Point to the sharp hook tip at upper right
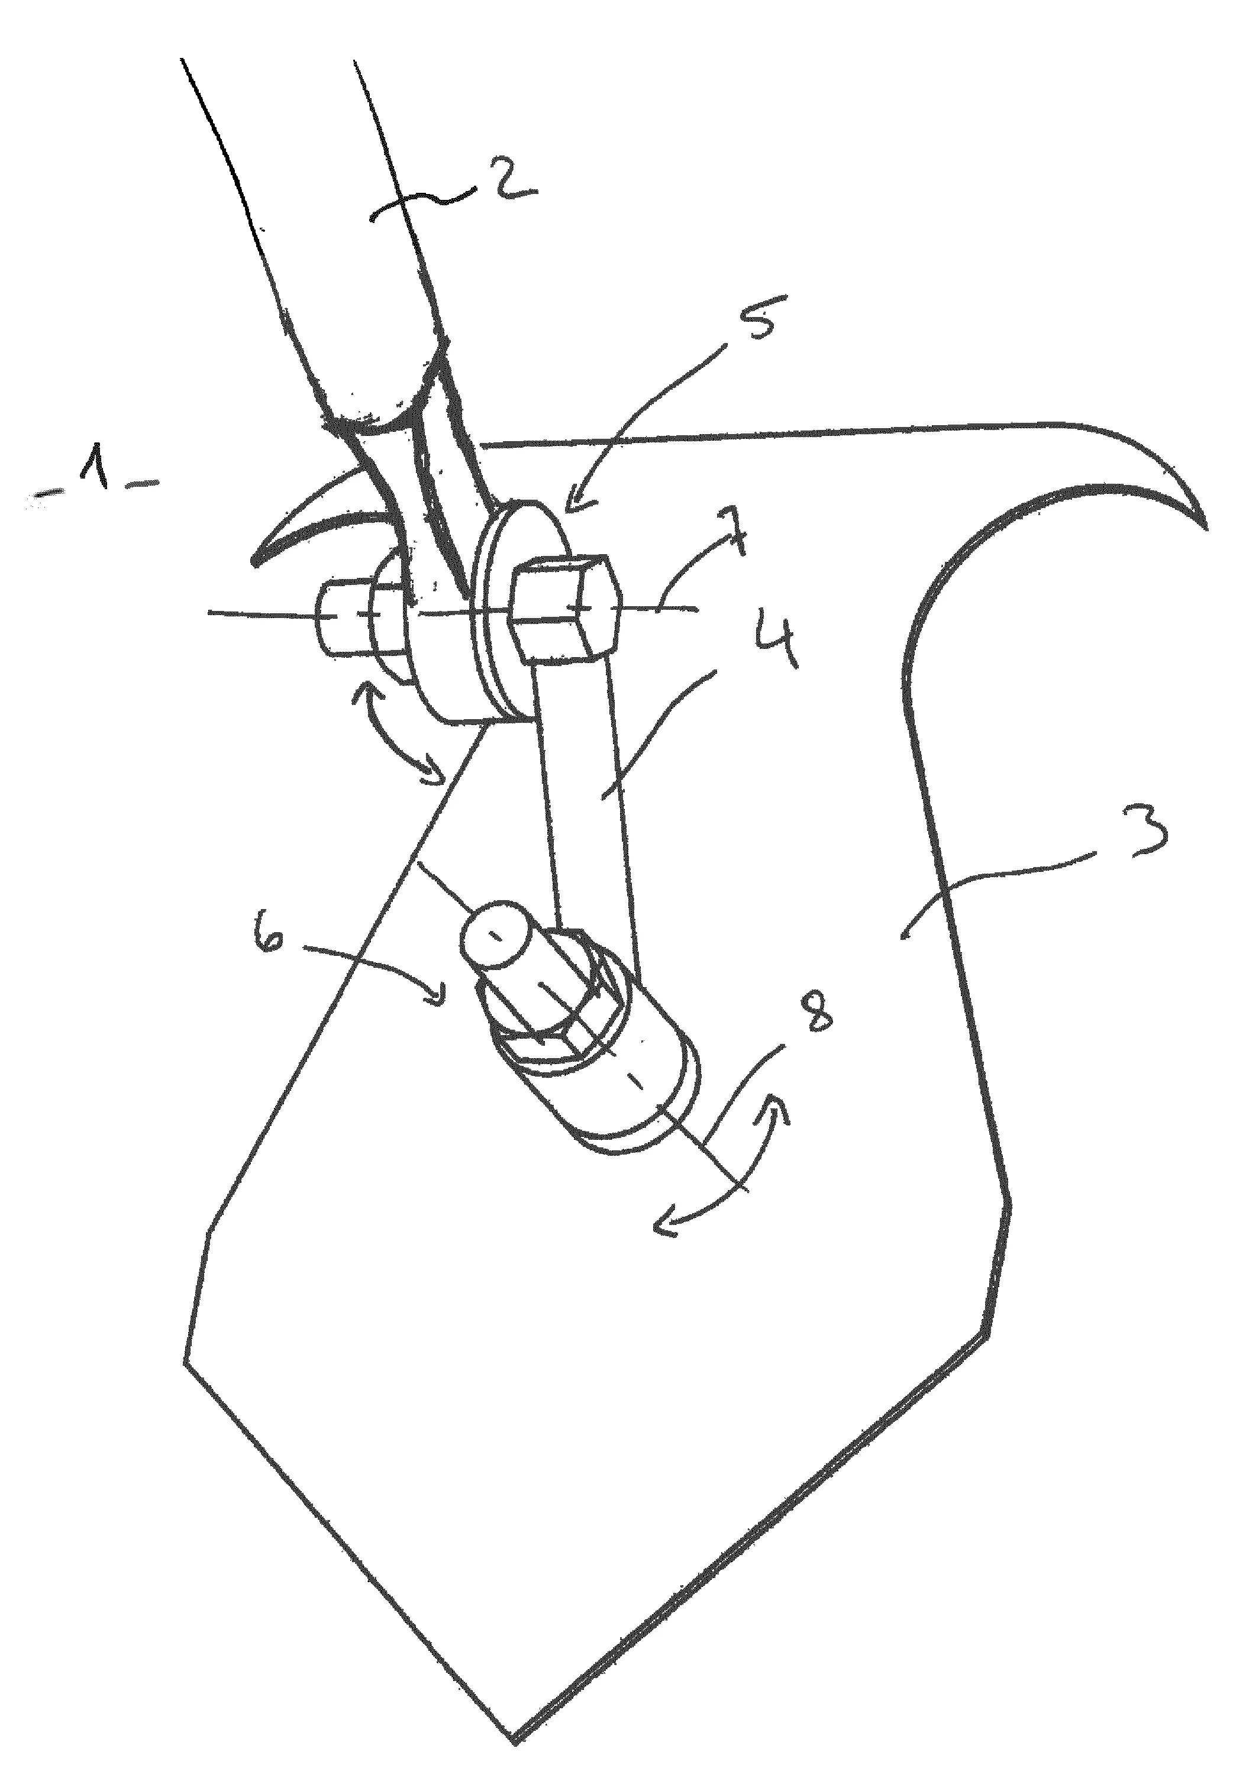1205,528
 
